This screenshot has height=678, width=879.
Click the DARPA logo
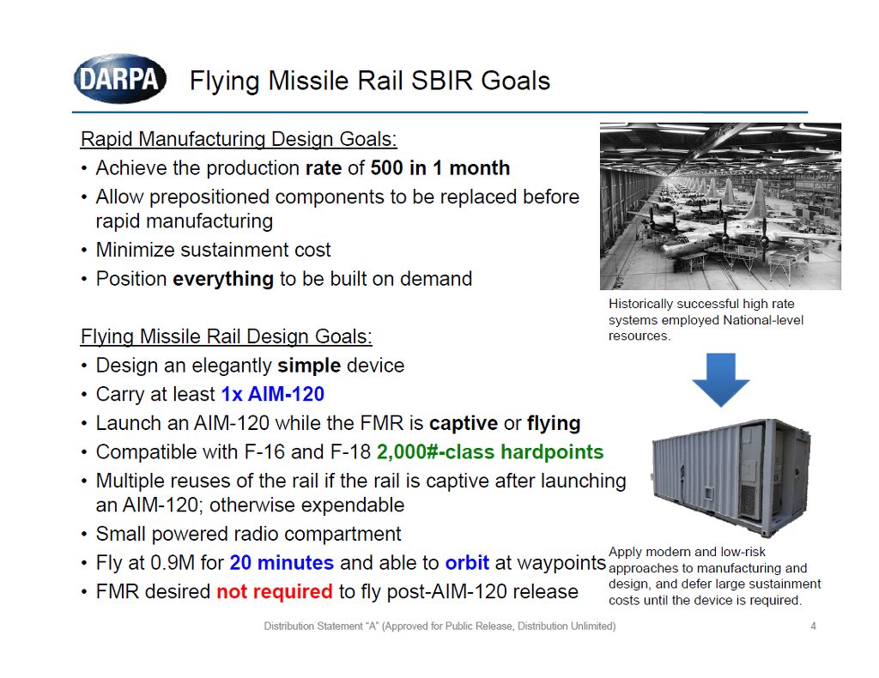(119, 80)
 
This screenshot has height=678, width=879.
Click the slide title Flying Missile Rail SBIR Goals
(369, 82)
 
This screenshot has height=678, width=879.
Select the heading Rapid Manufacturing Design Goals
(239, 139)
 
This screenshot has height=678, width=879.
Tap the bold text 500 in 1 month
(440, 168)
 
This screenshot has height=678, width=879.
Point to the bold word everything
(223, 279)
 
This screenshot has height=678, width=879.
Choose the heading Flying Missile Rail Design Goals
(227, 336)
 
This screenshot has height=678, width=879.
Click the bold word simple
(309, 366)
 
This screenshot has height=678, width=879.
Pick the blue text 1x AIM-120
(272, 395)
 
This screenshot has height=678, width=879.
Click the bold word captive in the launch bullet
(464, 424)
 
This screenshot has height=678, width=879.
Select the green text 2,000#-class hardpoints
(489, 452)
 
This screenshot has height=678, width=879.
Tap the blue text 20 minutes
(282, 563)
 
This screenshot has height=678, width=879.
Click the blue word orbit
(467, 563)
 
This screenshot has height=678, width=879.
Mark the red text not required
(274, 591)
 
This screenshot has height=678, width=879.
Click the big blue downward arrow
(720, 378)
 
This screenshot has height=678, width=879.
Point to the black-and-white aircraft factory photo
(720, 206)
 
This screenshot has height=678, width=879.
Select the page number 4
(813, 627)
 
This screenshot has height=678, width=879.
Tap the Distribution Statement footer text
(439, 627)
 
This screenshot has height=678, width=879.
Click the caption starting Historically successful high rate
(706, 319)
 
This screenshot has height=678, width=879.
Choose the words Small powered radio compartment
(248, 534)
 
